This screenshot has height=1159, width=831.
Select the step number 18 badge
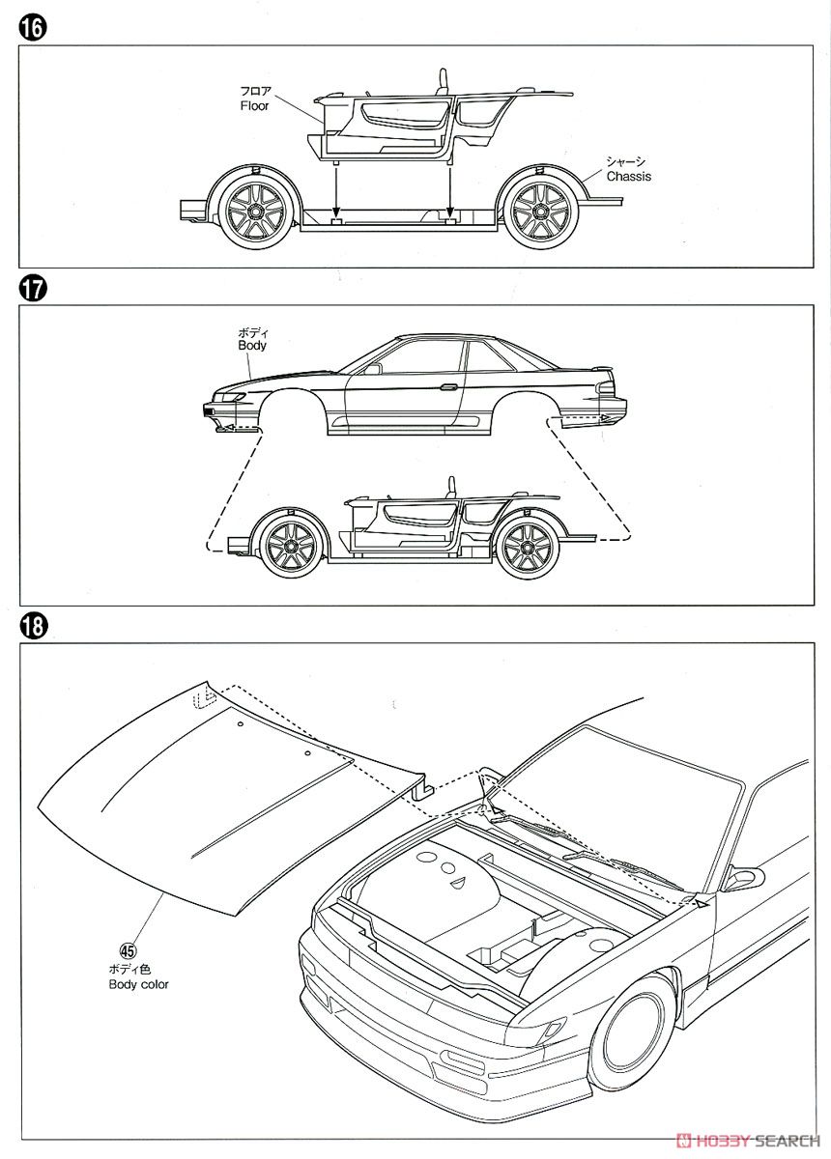pos(32,627)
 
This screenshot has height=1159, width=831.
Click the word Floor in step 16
pos(255,106)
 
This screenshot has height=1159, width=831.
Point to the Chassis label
pos(628,177)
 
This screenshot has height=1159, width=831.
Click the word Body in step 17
pos(251,345)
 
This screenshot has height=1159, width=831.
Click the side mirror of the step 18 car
pos(742,879)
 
